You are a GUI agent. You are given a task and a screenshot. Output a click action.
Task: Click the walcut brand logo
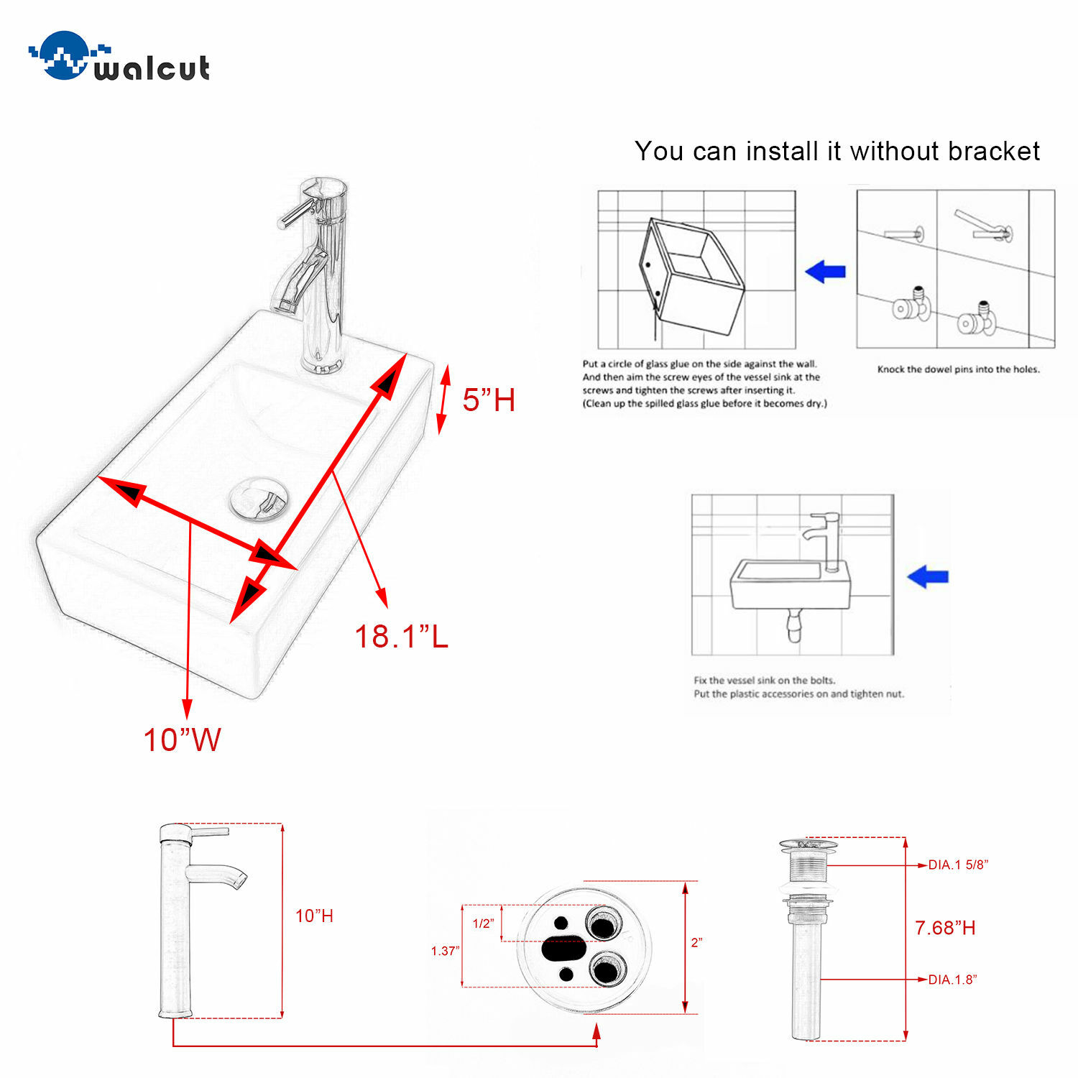[119, 57]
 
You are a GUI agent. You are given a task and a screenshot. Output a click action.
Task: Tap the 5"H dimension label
[489, 400]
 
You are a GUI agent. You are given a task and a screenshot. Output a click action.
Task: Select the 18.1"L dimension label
[401, 637]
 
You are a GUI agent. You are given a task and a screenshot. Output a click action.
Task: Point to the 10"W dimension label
[182, 740]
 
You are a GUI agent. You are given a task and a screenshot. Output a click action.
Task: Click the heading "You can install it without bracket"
[837, 152]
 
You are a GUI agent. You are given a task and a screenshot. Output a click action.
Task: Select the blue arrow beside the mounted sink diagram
[928, 576]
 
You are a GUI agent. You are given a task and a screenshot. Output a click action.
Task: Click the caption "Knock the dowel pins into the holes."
[958, 369]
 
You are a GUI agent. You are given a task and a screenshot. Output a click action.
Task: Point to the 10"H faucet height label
[314, 916]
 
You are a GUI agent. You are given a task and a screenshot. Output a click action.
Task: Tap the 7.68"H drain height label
[945, 929]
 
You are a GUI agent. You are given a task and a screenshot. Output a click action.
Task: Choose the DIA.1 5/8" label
[958, 865]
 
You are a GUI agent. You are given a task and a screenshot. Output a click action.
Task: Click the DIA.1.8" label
[952, 980]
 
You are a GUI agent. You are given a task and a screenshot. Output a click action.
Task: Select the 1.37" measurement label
[445, 952]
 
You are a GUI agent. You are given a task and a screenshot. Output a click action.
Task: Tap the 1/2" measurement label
[483, 923]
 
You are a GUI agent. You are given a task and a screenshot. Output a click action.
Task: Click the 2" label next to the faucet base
[696, 943]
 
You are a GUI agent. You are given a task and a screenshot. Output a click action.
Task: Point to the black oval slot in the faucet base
[564, 949]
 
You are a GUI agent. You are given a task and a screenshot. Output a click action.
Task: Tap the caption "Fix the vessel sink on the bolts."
[764, 680]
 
